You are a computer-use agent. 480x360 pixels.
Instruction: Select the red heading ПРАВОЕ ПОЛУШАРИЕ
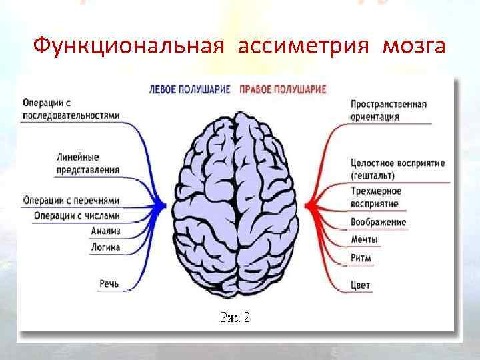(283, 89)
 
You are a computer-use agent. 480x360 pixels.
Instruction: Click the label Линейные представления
(87, 163)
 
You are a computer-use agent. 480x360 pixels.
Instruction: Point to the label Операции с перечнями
(71, 200)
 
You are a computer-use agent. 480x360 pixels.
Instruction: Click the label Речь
(109, 285)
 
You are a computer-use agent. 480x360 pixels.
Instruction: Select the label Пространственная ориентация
(388, 111)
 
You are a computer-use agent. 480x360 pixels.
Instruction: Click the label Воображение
(378, 222)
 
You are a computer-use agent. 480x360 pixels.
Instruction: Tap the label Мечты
(364, 239)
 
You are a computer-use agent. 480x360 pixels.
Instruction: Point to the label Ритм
(361, 258)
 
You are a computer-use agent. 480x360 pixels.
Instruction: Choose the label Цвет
(360, 285)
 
